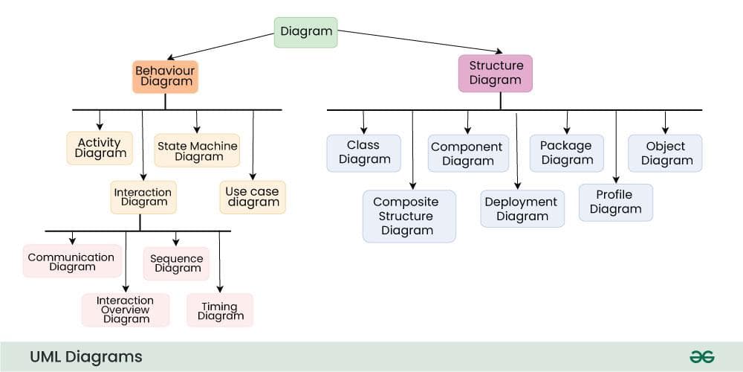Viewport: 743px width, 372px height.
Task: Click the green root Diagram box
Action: tap(305, 32)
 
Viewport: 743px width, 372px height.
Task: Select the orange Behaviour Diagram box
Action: tap(165, 77)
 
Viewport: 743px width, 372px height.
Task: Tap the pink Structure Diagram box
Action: tap(495, 73)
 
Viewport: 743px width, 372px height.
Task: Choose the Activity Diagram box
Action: tap(100, 147)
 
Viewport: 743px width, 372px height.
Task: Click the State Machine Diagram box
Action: tap(198, 151)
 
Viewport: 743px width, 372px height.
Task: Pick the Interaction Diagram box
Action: tap(143, 197)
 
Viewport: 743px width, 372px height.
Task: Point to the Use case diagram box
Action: tap(253, 196)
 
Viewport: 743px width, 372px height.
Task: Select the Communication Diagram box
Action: tap(72, 261)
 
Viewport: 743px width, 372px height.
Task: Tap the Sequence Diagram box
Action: tap(176, 263)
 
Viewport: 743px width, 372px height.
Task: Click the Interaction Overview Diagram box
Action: tap(126, 310)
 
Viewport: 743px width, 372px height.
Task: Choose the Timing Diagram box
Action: tap(220, 310)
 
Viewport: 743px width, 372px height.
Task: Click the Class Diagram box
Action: tap(363, 153)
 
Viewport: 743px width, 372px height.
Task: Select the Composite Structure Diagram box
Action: tap(409, 216)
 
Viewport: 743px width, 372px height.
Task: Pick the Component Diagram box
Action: tap(467, 153)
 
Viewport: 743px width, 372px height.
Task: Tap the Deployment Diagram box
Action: tap(521, 208)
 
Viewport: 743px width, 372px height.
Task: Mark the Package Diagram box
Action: tap(566, 153)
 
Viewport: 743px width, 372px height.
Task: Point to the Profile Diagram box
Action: tap(615, 202)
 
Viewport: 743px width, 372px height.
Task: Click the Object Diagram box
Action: tap(665, 153)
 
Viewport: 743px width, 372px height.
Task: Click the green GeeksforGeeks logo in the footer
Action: tap(701, 356)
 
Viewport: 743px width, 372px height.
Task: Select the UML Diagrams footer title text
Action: tap(85, 356)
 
